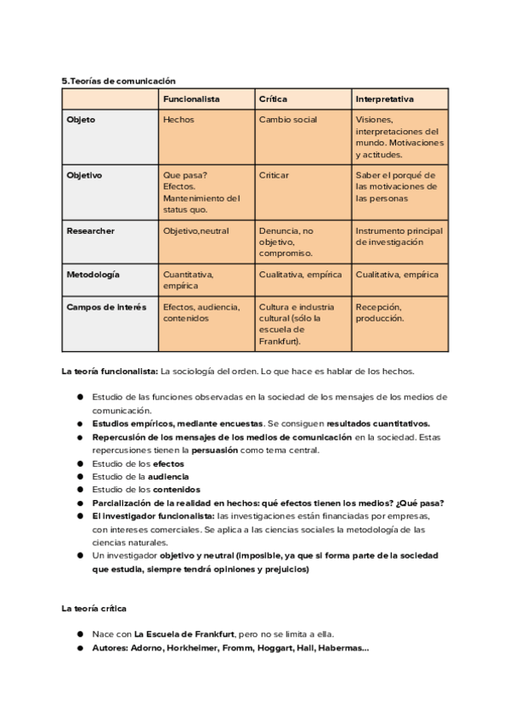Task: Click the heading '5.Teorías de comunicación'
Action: pos(118,81)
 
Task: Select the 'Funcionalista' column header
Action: pos(191,99)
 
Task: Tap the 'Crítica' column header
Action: pos(273,99)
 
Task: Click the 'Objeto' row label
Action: pos(81,120)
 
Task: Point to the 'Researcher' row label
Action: pos(90,230)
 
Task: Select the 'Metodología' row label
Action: pos(93,275)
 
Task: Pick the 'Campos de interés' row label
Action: pos(106,307)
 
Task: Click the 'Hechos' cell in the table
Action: pos(178,120)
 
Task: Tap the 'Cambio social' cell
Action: pos(288,120)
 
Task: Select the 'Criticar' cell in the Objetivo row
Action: pos(274,175)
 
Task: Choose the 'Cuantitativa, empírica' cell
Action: pos(189,280)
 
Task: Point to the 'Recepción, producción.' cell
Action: pos(380,312)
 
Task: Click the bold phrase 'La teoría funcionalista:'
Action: pos(110,372)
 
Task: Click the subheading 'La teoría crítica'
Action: pos(96,609)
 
